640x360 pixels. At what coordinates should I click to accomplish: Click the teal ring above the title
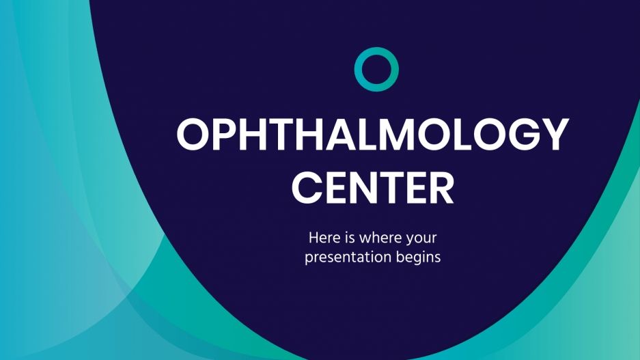(376, 70)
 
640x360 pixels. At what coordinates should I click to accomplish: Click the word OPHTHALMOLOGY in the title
(372, 135)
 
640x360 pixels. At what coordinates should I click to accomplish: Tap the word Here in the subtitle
(322, 239)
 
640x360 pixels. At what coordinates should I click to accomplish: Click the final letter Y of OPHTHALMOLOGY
(554, 135)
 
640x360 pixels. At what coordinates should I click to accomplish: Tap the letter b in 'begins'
(401, 258)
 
